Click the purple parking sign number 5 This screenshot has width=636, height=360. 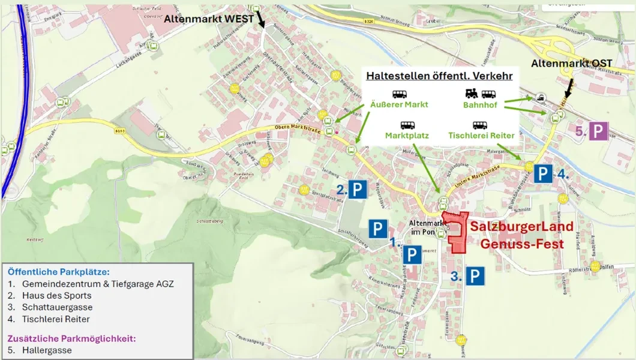click(x=598, y=131)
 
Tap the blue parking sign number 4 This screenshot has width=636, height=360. click(x=543, y=174)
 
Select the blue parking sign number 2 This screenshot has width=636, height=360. click(x=358, y=190)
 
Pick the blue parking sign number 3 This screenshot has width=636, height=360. click(x=475, y=276)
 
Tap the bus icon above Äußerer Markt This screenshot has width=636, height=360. click(x=400, y=94)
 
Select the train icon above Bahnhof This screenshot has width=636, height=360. click(x=472, y=94)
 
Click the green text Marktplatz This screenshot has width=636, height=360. click(x=407, y=136)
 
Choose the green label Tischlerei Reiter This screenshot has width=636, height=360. click(x=481, y=136)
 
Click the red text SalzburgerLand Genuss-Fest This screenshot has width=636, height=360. click(x=521, y=235)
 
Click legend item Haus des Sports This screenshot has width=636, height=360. click(x=57, y=295)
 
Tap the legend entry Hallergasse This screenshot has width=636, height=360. click(x=47, y=350)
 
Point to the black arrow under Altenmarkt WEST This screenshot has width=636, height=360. click(x=261, y=20)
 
